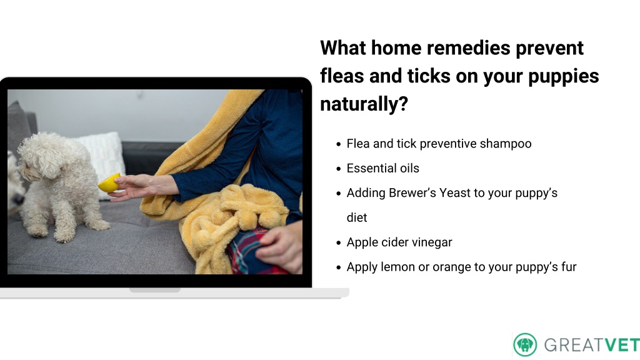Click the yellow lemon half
pos(109,183)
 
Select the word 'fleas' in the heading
pos(342,76)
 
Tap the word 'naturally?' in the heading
pos(364,104)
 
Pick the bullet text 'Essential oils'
pos(383,168)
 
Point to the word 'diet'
pos(357,217)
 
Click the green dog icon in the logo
pos(525,345)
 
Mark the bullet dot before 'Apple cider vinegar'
pos(338,243)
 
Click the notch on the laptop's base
pos(155,290)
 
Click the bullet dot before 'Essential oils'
pos(338,169)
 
